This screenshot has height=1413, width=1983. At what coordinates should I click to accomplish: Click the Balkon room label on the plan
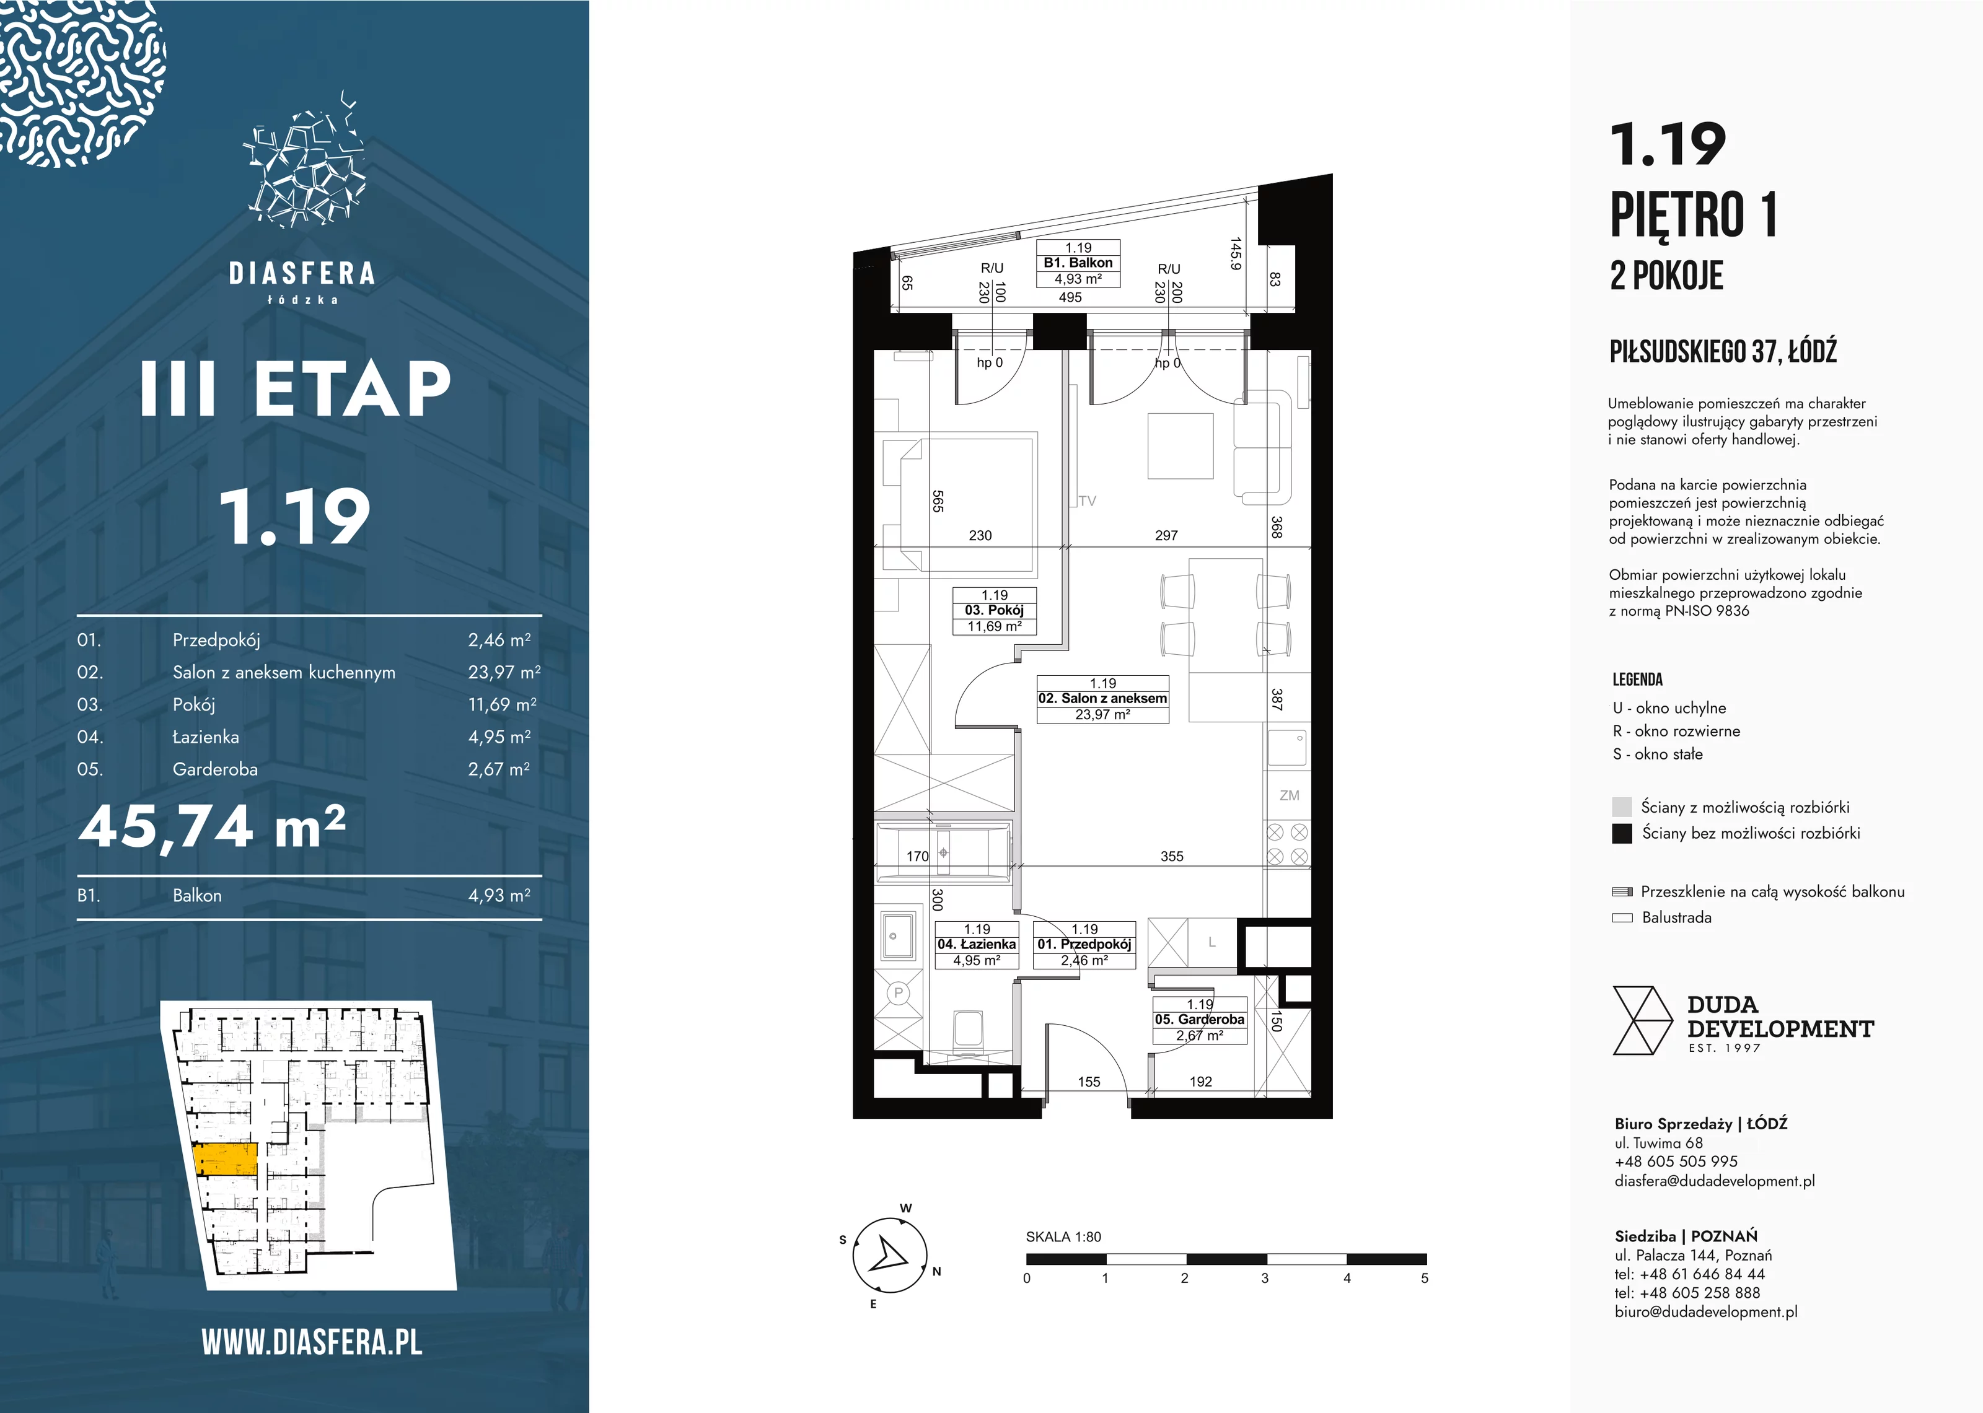click(1078, 263)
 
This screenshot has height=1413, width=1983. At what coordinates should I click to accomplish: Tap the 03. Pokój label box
click(995, 611)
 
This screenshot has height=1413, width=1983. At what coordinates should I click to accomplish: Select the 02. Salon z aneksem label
click(1102, 699)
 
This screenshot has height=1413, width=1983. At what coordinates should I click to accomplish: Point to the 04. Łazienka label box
click(976, 945)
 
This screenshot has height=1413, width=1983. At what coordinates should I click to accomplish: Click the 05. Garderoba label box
click(1200, 1020)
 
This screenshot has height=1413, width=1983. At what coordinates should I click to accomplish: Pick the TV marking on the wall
click(1087, 501)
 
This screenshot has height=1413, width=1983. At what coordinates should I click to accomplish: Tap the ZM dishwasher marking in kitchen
click(1290, 795)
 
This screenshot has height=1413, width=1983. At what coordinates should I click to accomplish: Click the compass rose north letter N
click(937, 1271)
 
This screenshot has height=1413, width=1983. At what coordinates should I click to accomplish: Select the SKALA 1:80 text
click(1063, 1236)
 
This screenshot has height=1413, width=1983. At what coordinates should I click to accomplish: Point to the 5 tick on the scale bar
click(1425, 1278)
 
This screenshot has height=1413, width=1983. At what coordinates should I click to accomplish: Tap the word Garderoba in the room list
click(215, 769)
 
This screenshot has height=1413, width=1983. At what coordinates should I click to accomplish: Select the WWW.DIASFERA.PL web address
click(312, 1342)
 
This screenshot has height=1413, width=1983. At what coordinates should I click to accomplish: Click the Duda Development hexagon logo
click(1643, 1021)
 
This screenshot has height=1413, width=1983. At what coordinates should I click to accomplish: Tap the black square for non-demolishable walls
click(1622, 834)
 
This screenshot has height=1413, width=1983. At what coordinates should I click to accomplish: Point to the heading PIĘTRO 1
click(1692, 214)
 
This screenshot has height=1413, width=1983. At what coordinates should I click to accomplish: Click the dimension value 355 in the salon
click(1172, 856)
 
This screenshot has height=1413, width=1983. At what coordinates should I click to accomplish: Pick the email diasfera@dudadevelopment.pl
click(1714, 1181)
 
